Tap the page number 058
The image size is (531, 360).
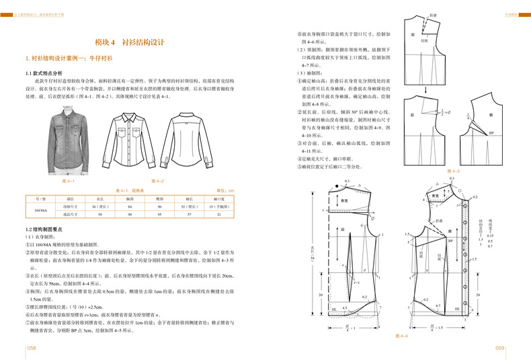click(32, 347)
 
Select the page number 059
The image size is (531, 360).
click(499, 347)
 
